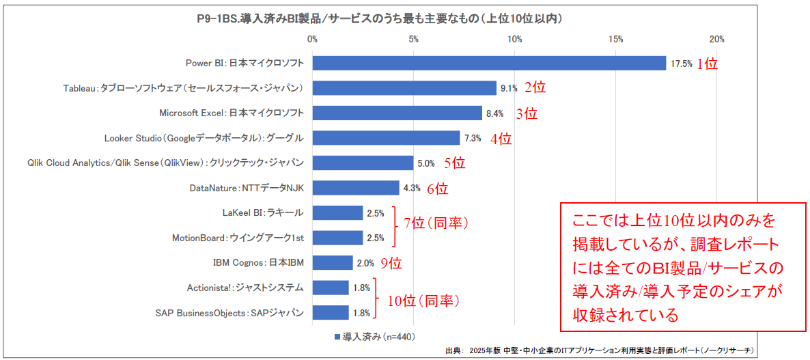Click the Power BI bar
(489, 63)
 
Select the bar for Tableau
(404, 88)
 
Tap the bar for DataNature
(356, 188)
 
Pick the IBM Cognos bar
(333, 262)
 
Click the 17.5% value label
(681, 64)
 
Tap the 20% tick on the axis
(716, 38)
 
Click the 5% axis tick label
(413, 38)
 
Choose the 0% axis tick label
(313, 38)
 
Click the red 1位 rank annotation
(707, 64)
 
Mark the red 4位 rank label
(501, 139)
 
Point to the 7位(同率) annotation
(434, 223)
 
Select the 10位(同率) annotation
(424, 300)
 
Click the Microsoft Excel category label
(232, 113)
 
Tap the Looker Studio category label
(204, 138)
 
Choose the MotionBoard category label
(238, 238)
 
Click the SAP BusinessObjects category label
(229, 313)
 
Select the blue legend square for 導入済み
(337, 337)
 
